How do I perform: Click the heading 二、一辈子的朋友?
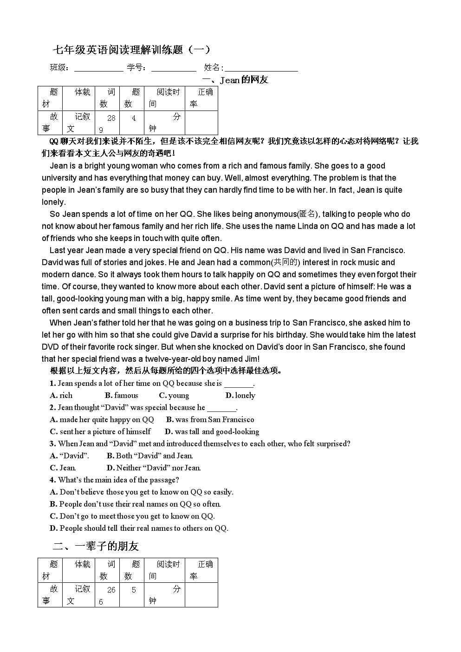(96, 546)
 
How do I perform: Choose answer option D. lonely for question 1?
(240, 395)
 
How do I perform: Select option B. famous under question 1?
(122, 395)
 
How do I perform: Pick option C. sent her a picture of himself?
(100, 431)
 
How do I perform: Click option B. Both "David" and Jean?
(149, 456)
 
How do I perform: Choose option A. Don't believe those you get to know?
(142, 492)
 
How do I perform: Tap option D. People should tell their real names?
(139, 528)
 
